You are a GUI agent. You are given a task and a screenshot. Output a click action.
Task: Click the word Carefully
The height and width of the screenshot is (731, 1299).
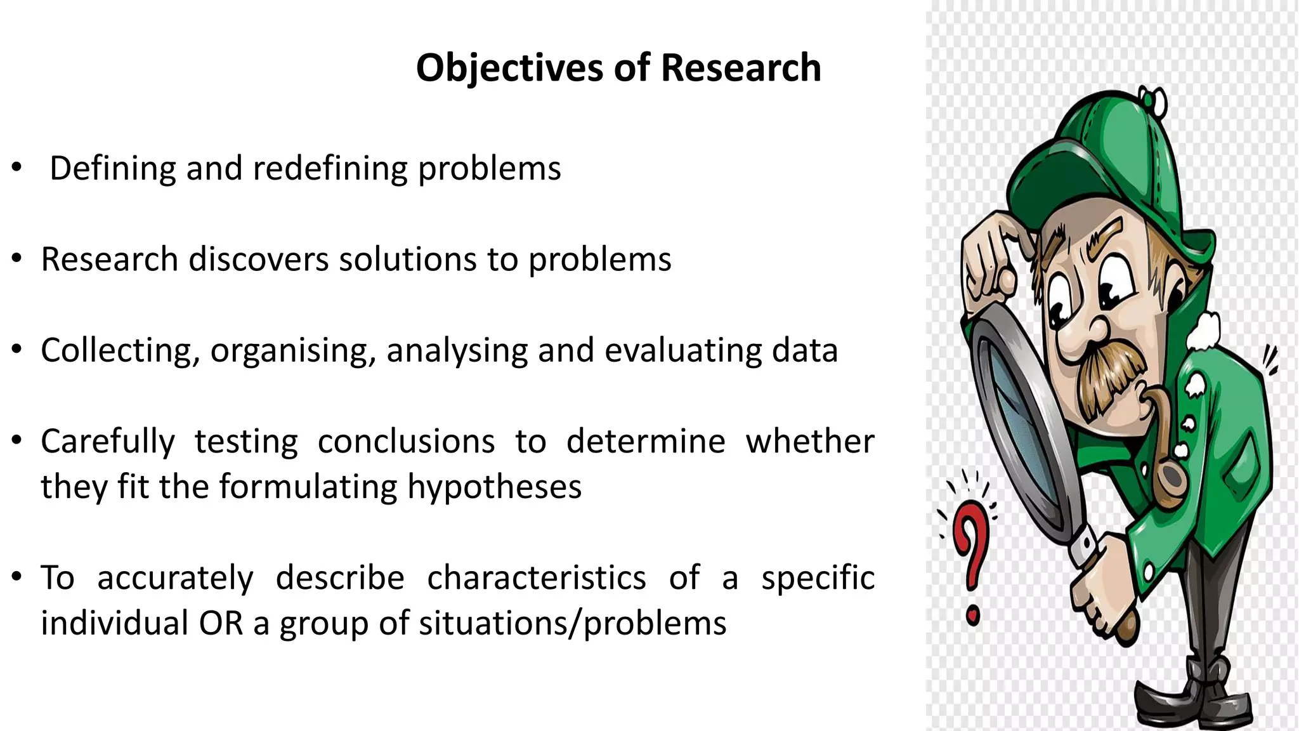[108, 442]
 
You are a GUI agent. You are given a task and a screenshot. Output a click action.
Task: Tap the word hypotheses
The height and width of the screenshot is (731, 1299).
[494, 487]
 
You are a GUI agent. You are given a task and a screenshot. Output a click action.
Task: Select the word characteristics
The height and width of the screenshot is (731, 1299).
[536, 578]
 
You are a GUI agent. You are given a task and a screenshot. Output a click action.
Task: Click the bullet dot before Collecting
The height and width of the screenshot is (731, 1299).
[16, 350]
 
